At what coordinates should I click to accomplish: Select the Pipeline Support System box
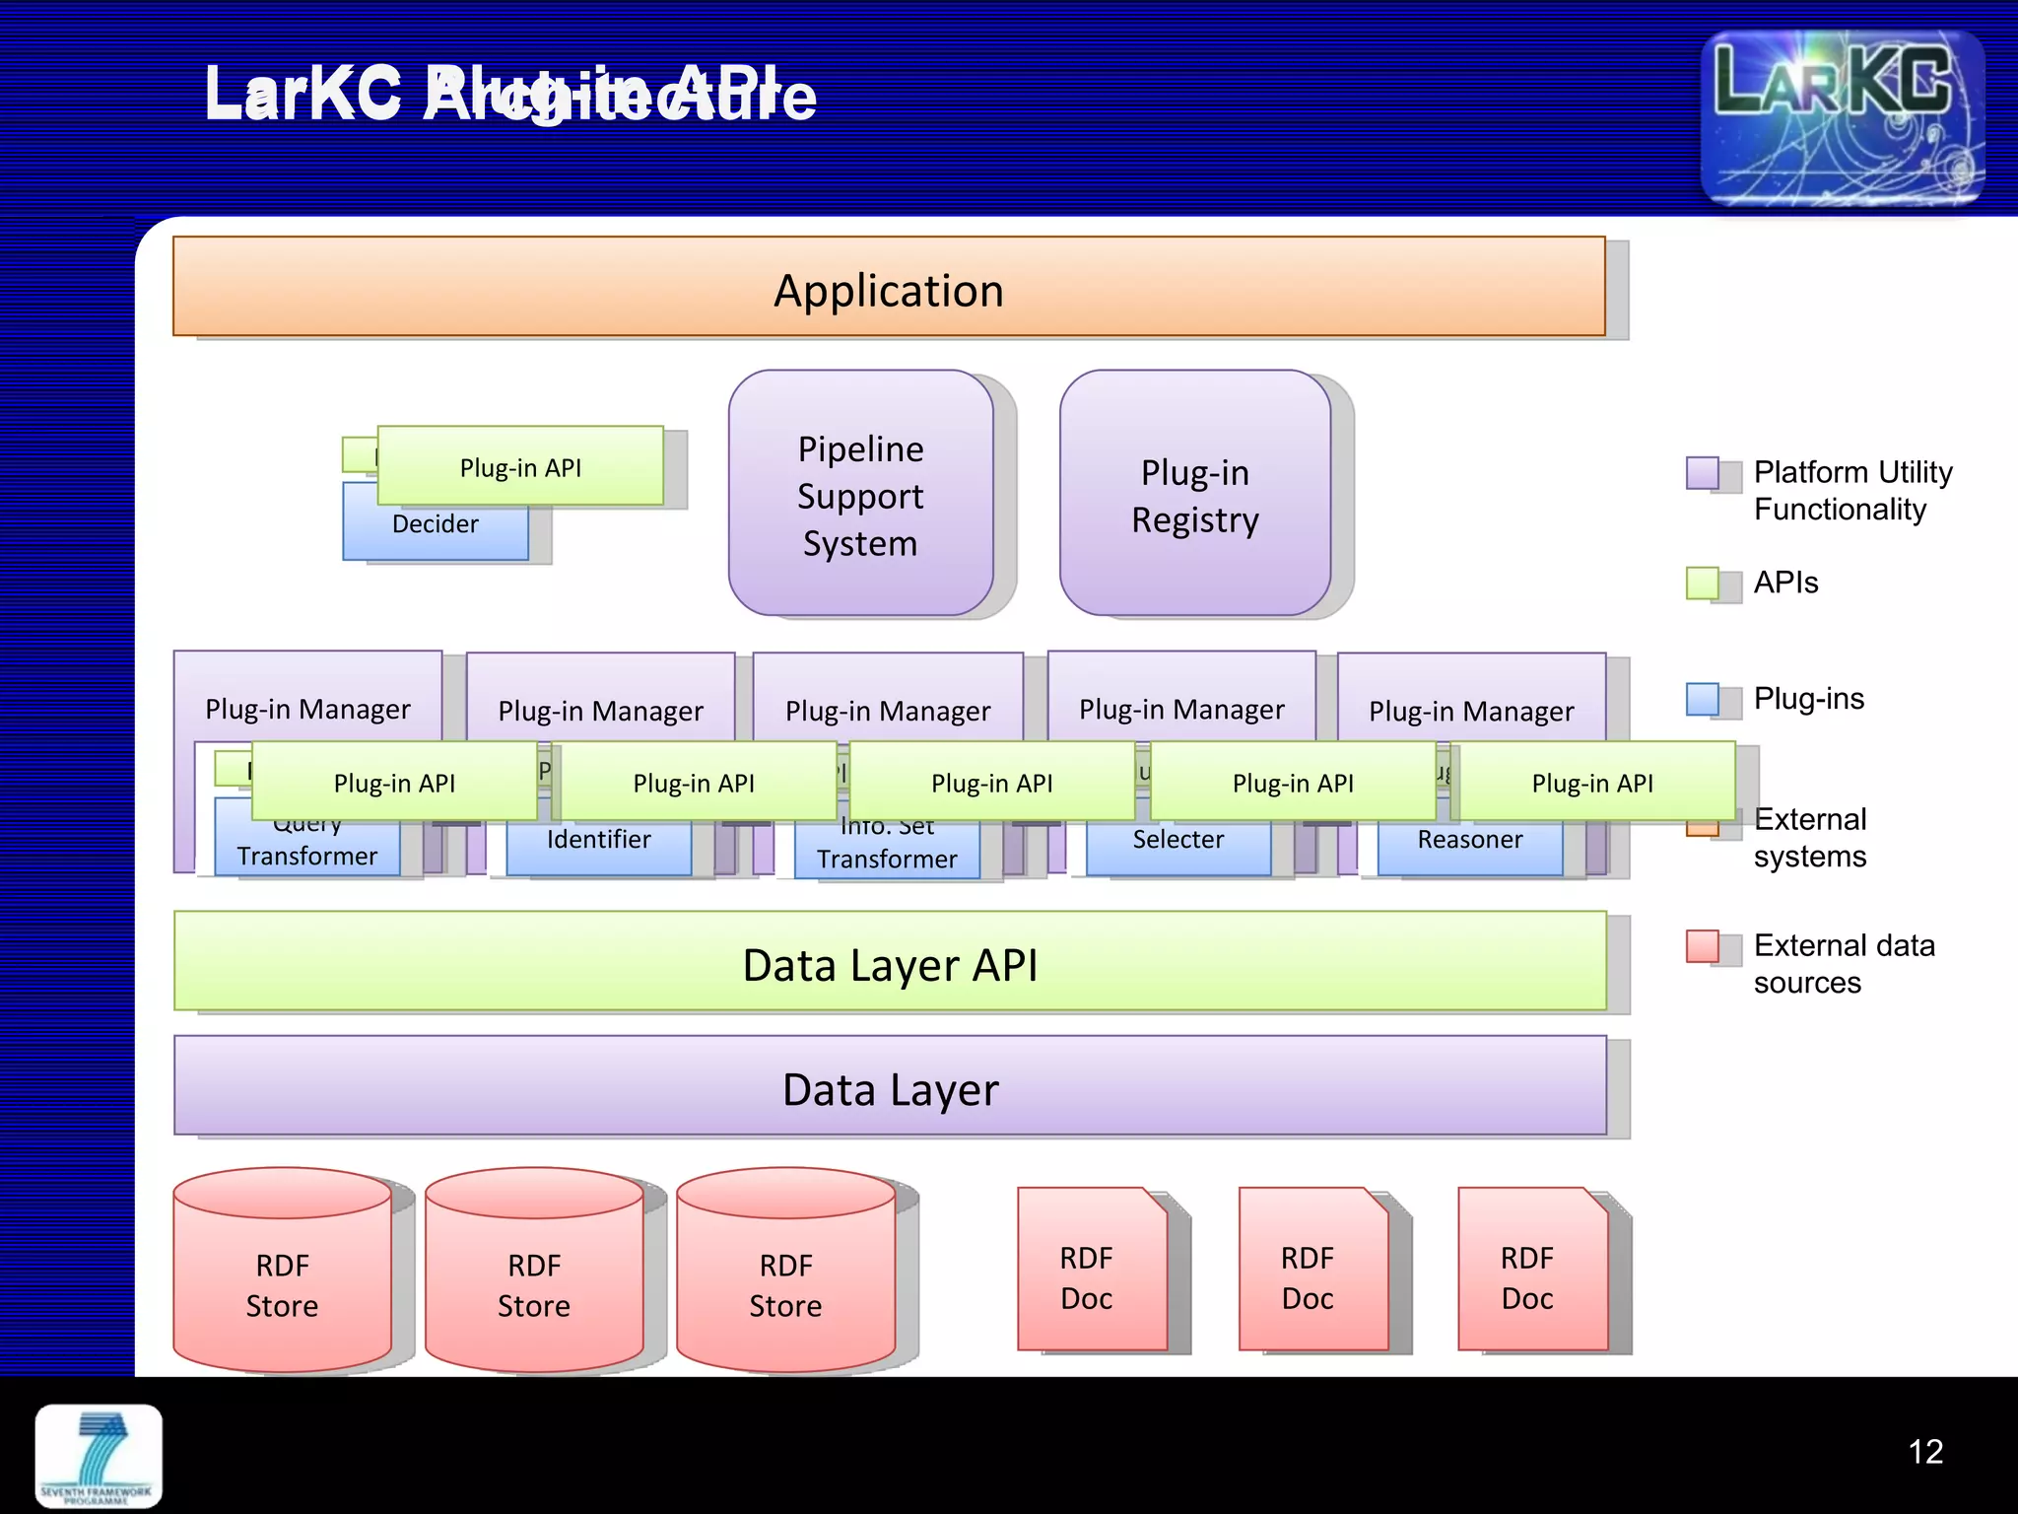coord(860,494)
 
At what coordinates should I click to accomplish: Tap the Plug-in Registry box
coord(1194,494)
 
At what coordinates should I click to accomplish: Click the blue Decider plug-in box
coord(435,533)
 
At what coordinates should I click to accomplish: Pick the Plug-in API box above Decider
coord(520,466)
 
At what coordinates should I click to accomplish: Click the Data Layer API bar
coord(889,963)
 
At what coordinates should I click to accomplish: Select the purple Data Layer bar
coord(889,1087)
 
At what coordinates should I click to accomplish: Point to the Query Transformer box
coord(306,851)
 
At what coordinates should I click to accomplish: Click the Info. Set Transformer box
coord(886,854)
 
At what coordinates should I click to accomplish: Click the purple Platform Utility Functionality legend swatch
coord(1702,473)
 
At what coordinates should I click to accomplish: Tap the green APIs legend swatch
coord(1702,584)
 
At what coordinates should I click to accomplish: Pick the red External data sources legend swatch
coord(1702,946)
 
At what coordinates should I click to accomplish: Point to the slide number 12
coord(1924,1452)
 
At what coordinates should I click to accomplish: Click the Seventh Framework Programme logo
coord(99,1456)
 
